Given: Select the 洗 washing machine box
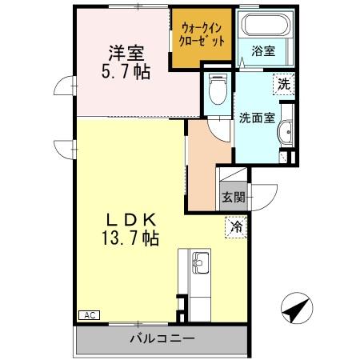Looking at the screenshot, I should [x=283, y=83].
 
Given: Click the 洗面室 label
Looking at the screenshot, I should [x=257, y=118].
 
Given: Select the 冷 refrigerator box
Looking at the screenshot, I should [x=237, y=226].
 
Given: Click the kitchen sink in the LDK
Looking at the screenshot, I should [x=199, y=260].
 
